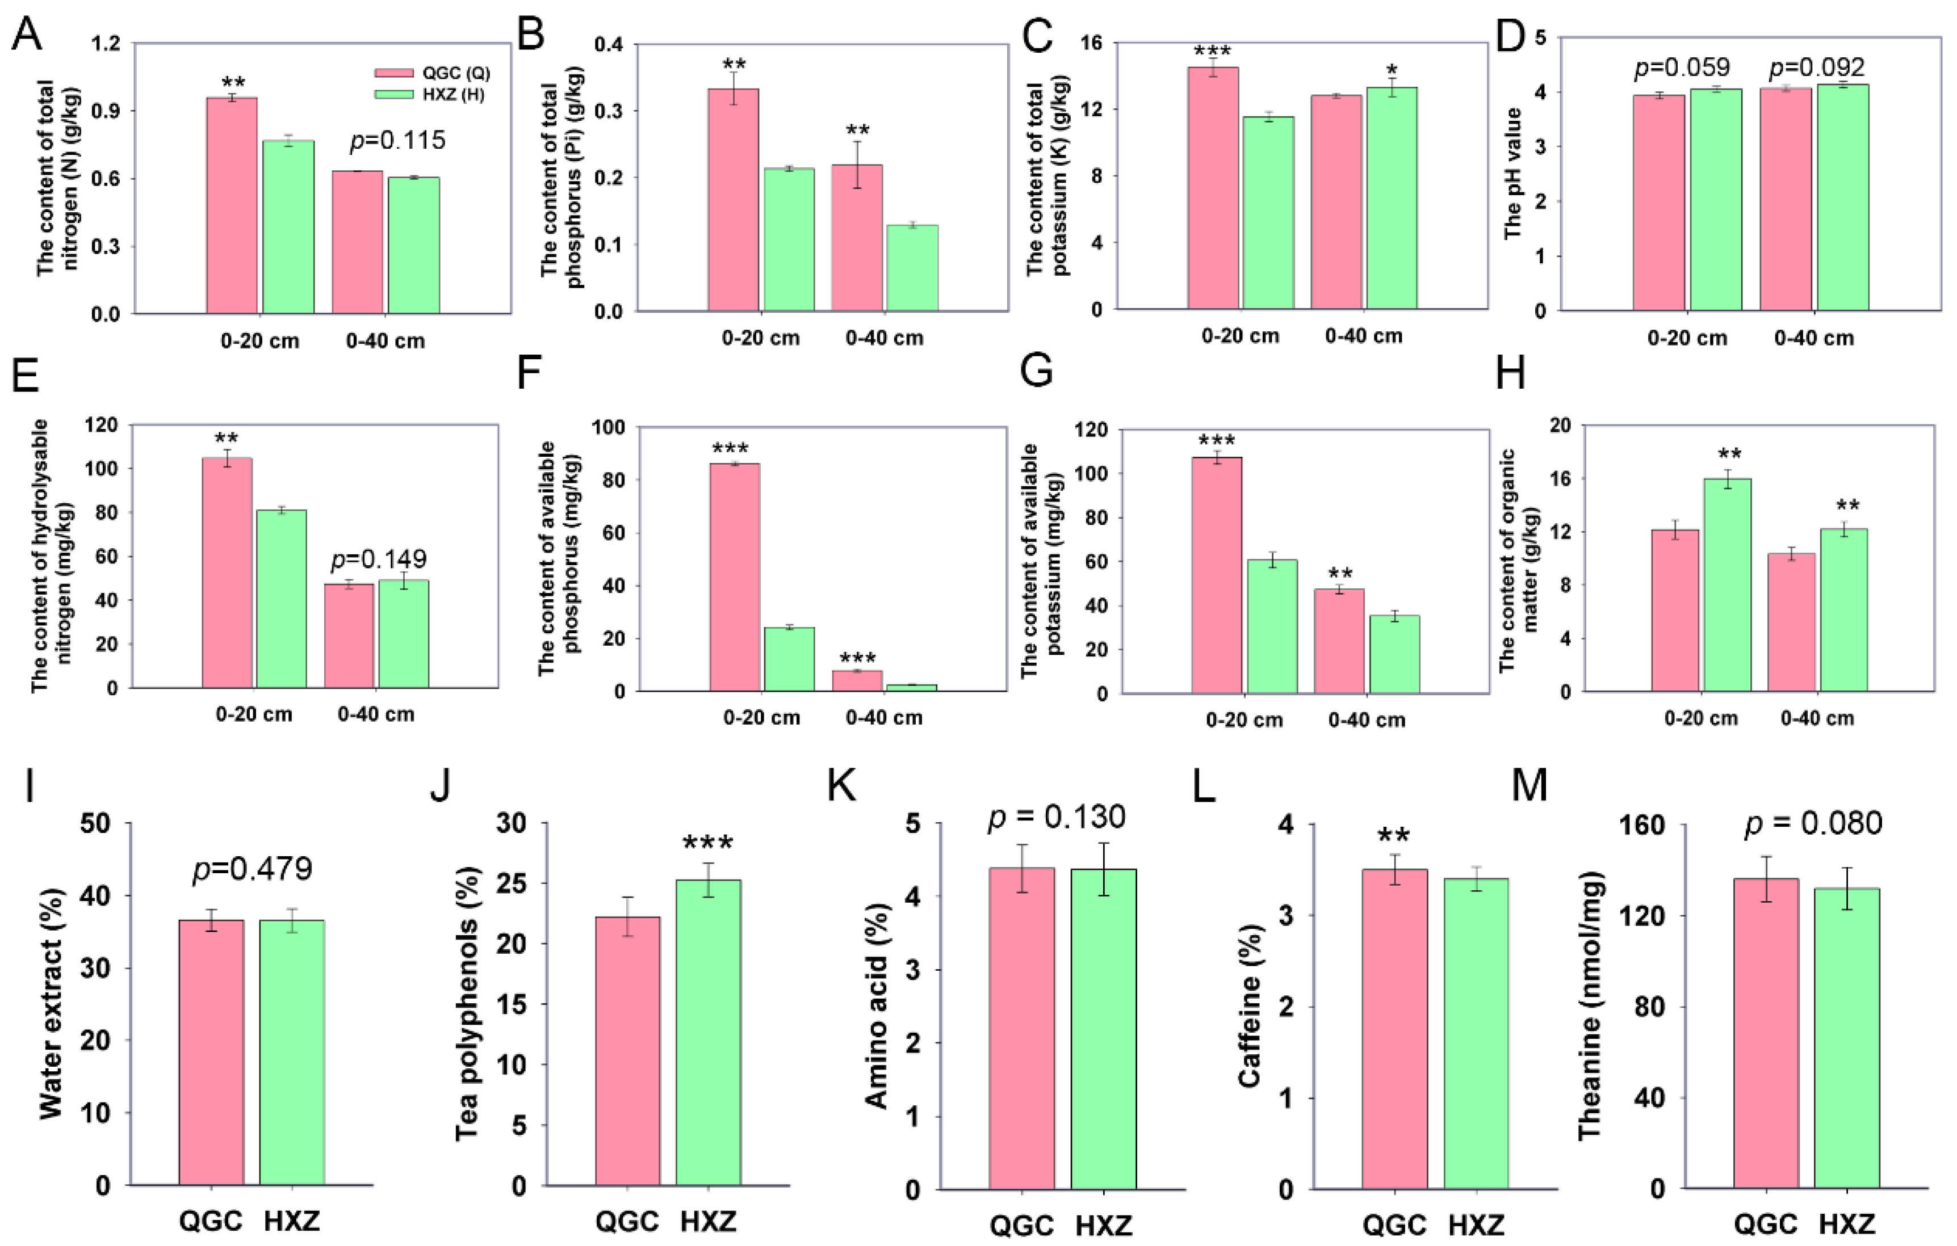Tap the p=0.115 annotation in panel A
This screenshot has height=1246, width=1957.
click(x=397, y=141)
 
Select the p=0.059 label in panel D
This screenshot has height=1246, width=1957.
click(x=1682, y=68)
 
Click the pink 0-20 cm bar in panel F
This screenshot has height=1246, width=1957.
click(x=735, y=576)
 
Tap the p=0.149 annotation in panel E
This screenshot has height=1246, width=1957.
click(x=378, y=559)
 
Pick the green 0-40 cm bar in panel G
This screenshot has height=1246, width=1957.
click(x=1394, y=654)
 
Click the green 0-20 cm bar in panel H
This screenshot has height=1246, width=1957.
click(x=1727, y=585)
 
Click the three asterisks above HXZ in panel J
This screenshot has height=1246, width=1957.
click(x=708, y=844)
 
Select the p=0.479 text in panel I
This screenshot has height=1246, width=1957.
click(x=252, y=869)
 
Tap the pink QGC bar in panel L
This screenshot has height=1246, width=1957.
click(x=1394, y=1028)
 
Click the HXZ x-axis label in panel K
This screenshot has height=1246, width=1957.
click(x=1104, y=1225)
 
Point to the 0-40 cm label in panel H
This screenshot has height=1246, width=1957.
click(x=1817, y=718)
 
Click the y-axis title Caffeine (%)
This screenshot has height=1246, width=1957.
click(x=1249, y=1007)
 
